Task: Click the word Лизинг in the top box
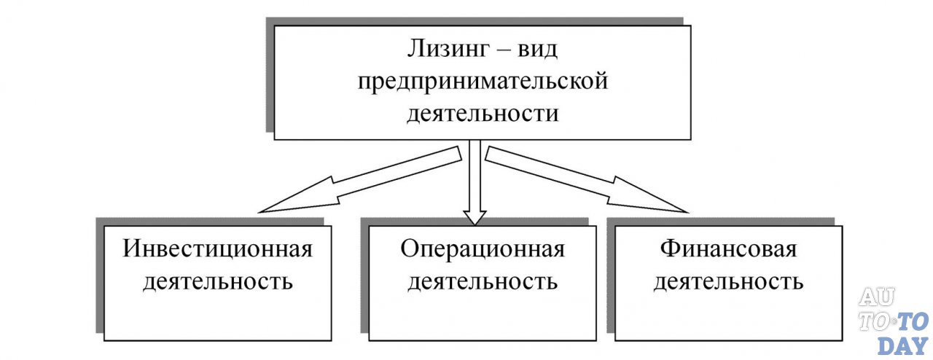click(444, 54)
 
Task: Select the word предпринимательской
click(482, 83)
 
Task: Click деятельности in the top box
click(482, 113)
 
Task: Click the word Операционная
click(483, 249)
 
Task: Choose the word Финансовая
click(728, 249)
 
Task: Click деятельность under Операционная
click(483, 281)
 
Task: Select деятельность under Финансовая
click(728, 281)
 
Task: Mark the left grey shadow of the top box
click(269, 80)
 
